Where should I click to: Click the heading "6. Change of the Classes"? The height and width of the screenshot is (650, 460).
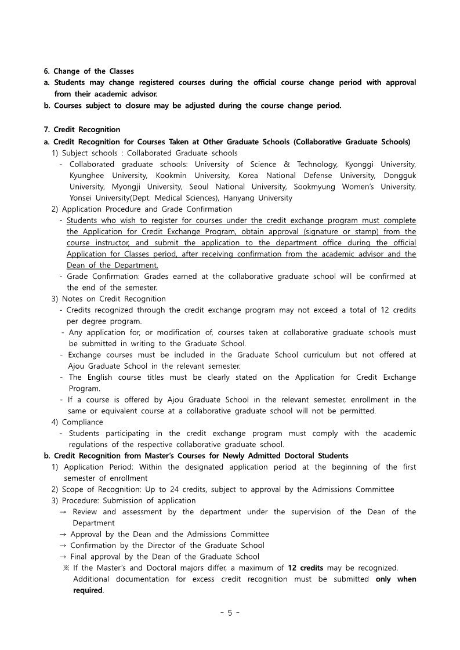click(x=89, y=71)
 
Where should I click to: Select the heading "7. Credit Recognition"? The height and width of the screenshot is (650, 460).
click(x=82, y=129)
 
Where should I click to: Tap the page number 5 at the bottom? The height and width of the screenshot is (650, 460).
click(x=230, y=613)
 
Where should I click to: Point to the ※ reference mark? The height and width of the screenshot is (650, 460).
click(x=66, y=567)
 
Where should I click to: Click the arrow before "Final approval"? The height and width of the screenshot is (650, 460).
click(x=63, y=556)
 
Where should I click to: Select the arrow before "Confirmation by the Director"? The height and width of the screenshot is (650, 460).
click(x=63, y=545)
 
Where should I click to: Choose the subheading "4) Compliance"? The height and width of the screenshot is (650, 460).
click(x=78, y=422)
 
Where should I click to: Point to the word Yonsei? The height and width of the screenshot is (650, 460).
click(x=83, y=198)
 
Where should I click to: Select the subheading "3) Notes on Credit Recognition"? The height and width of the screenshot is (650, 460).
click(x=108, y=299)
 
